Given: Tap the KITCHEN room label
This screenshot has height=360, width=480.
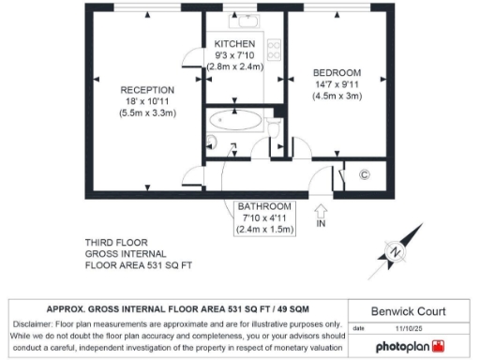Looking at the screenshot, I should tap(234, 44).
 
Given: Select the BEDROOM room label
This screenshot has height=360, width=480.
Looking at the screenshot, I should tap(337, 73).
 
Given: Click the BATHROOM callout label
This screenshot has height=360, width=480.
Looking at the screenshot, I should tap(265, 205).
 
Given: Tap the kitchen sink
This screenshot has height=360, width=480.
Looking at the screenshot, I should tap(247, 21).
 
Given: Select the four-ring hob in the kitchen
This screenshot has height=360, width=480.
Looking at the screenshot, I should tap(275, 48).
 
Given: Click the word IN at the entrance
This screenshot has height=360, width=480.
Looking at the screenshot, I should tap(322, 225).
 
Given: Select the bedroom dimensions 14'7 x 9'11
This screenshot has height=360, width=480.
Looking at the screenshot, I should tap(337, 85).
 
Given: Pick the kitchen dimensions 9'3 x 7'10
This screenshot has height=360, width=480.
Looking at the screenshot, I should tap(234, 55).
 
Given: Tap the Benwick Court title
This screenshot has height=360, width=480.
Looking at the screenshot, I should tap(408, 310).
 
